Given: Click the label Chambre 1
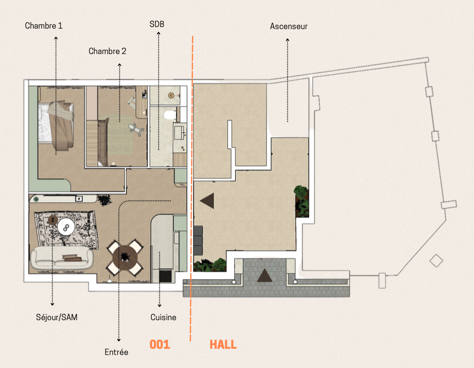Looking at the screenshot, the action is (x=44, y=25).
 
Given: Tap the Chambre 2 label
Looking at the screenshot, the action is (x=107, y=51).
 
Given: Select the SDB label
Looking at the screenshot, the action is (x=157, y=24).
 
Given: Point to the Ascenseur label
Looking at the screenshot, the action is (x=289, y=27).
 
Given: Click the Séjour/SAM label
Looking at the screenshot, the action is (x=57, y=317).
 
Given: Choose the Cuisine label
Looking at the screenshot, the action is (x=163, y=317).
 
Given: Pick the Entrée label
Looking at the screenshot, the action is (x=117, y=352).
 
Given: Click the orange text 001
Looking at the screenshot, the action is (x=160, y=345).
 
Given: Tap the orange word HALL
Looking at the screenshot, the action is (x=223, y=345).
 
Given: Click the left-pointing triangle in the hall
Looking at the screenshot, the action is (x=209, y=201).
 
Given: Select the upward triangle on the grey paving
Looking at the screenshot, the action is (x=264, y=275).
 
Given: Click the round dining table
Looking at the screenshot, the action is (x=125, y=257).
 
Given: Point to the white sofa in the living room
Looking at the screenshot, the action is (x=62, y=258).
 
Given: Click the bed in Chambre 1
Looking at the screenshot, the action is (x=56, y=125).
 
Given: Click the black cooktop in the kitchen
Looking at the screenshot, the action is (x=165, y=276).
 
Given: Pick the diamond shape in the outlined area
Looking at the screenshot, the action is (x=436, y=261).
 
